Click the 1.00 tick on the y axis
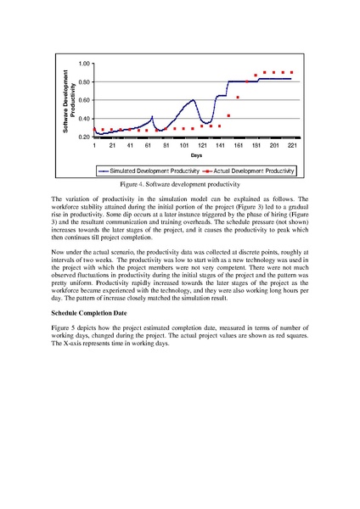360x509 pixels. click(x=84, y=64)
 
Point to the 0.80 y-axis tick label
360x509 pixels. click(x=84, y=82)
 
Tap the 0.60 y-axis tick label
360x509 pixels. click(x=84, y=100)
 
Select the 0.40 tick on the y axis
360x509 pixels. click(x=84, y=118)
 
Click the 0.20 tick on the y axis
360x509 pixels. click(x=84, y=137)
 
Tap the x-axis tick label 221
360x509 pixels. click(x=292, y=146)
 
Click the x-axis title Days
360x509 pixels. click(x=196, y=156)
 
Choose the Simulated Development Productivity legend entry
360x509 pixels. click(x=149, y=170)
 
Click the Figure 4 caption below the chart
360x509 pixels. click(x=179, y=183)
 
